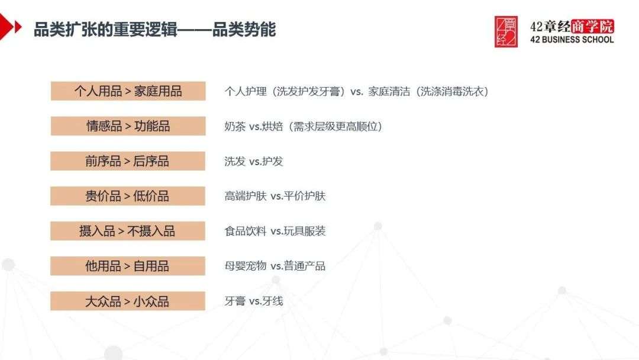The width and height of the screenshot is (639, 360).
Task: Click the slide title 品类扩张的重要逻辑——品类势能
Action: pyautogui.click(x=154, y=30)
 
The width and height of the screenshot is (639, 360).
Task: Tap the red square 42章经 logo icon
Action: pyautogui.click(x=506, y=32)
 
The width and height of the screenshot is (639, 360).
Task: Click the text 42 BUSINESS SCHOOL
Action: pyautogui.click(x=572, y=40)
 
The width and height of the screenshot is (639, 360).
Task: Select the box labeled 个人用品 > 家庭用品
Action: pyautogui.click(x=128, y=91)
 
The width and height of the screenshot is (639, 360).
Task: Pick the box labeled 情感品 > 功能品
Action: pyautogui.click(x=128, y=126)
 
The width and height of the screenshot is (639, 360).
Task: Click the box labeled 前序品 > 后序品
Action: pyautogui.click(x=128, y=161)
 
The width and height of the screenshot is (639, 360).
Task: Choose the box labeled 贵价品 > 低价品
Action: pyautogui.click(x=128, y=196)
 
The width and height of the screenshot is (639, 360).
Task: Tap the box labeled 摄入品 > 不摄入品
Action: pyautogui.click(x=128, y=231)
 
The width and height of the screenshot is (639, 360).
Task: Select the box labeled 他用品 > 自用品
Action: pyautogui.click(x=128, y=266)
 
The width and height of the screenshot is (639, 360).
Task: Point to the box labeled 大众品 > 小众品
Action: pyautogui.click(x=128, y=301)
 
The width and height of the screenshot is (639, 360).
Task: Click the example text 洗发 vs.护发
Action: pyautogui.click(x=253, y=162)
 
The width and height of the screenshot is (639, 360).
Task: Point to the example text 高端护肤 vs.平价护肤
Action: pyautogui.click(x=275, y=196)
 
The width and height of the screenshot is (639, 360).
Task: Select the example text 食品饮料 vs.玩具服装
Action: pyautogui.click(x=275, y=231)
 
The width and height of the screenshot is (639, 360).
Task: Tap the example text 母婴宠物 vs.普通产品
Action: pyautogui.click(x=275, y=266)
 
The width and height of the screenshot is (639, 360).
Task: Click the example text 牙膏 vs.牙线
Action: pyautogui.click(x=253, y=301)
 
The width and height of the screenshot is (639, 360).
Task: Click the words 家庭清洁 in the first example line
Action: pyautogui.click(x=389, y=91)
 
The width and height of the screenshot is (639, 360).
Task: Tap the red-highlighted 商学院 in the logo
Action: pyautogui.click(x=592, y=27)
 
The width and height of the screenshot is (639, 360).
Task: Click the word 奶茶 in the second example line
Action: pyautogui.click(x=235, y=126)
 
